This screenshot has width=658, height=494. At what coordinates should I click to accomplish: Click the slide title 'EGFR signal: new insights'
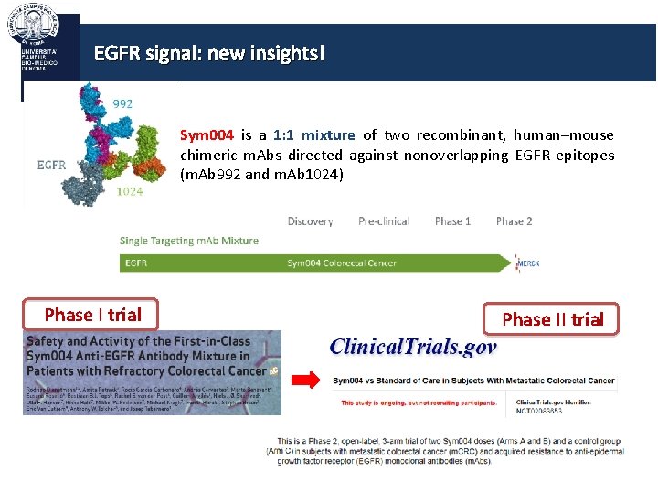(208, 53)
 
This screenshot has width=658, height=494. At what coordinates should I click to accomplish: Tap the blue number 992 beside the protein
(122, 103)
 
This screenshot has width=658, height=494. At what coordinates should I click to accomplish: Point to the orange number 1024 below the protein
(130, 191)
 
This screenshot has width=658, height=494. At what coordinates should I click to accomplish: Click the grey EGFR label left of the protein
(51, 166)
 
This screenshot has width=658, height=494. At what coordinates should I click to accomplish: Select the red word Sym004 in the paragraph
(207, 135)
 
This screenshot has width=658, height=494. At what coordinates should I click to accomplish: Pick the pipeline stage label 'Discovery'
(310, 221)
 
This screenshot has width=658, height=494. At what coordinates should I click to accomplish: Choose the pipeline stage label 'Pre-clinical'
(384, 221)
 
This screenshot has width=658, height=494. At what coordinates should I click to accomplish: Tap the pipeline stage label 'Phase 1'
(452, 221)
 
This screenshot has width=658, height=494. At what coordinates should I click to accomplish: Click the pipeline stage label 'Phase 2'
(514, 221)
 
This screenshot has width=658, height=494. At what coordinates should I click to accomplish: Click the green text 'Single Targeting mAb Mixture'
(189, 242)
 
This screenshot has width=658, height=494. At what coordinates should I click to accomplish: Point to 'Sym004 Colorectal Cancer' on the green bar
(342, 263)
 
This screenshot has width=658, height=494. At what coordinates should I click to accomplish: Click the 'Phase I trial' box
(91, 315)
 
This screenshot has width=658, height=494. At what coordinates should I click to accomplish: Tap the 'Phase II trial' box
(552, 318)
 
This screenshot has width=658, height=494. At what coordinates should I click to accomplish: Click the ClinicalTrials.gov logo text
(412, 347)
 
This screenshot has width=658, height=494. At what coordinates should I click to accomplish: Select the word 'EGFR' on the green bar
(136, 263)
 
